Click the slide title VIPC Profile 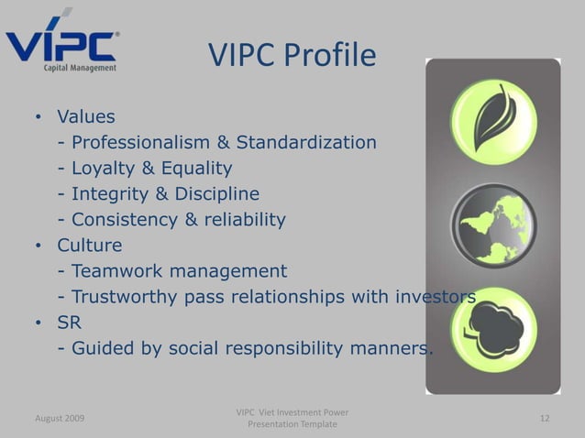click(x=292, y=55)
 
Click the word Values click(x=86, y=117)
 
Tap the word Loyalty click(x=103, y=169)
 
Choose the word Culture click(x=89, y=246)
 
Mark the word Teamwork click(x=114, y=271)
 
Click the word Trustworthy click(x=121, y=297)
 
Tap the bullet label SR click(x=70, y=323)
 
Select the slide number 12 click(x=545, y=418)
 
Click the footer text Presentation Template click(x=292, y=425)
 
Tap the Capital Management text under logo click(x=81, y=67)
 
